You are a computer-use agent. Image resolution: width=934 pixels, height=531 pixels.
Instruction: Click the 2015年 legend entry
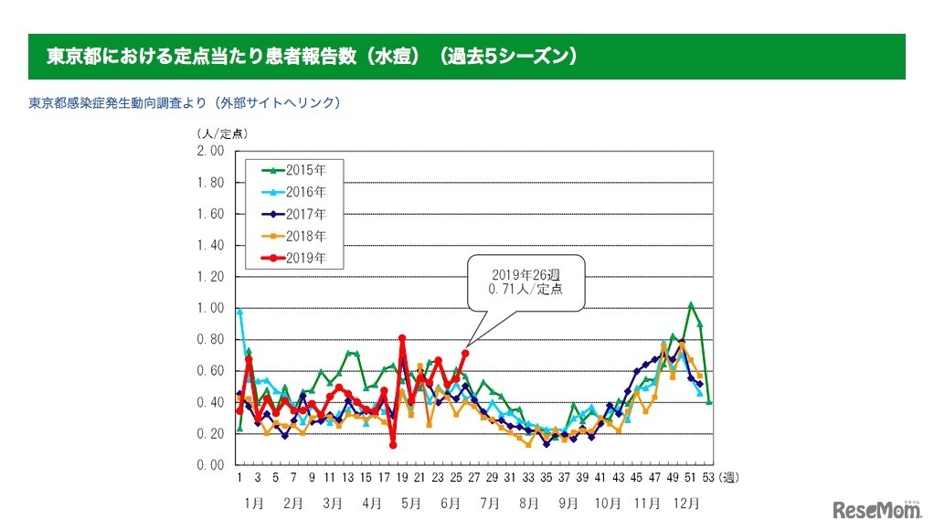(292, 169)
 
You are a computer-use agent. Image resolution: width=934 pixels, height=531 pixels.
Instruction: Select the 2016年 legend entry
(292, 191)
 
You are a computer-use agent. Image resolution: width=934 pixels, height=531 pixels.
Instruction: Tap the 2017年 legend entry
(292, 214)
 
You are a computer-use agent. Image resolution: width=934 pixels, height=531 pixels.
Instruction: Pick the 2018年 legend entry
(292, 236)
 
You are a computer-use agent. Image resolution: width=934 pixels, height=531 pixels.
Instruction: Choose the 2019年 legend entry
(292, 258)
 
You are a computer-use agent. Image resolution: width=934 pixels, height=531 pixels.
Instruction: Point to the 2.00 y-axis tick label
(211, 151)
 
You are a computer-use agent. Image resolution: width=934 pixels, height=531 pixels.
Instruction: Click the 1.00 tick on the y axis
(211, 308)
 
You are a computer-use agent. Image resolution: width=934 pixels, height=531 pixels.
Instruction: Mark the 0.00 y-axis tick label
(211, 464)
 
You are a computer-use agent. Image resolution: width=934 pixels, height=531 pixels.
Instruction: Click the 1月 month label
(254, 503)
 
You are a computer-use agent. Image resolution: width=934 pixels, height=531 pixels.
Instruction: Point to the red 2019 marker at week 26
(465, 353)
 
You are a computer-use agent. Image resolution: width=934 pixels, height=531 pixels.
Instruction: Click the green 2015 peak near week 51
(691, 304)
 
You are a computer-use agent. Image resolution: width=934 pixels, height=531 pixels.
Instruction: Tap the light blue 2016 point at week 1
(239, 312)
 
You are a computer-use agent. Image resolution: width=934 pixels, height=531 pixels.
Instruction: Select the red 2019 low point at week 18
(392, 445)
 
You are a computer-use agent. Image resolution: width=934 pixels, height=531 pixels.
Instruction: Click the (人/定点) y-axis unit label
(222, 133)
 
